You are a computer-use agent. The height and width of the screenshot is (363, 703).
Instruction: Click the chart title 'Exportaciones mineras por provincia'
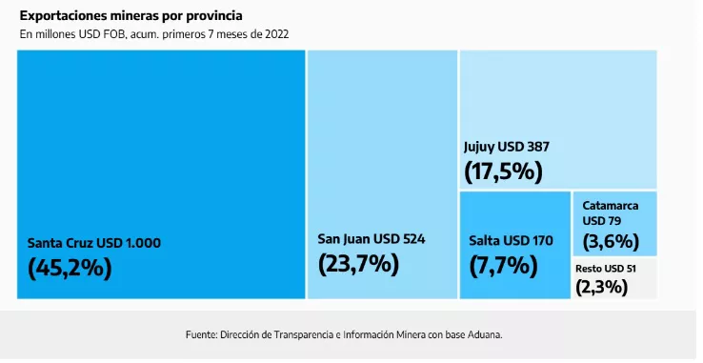131,16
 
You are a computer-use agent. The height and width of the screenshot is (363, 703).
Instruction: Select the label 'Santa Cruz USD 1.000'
93,243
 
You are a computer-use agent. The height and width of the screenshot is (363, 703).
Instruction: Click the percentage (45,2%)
70,268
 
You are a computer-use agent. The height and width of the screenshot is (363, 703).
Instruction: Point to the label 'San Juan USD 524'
371,238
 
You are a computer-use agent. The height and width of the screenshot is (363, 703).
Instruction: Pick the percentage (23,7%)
358,263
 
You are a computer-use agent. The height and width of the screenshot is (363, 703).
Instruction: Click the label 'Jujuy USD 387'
506,147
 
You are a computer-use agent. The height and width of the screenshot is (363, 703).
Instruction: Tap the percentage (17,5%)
503,171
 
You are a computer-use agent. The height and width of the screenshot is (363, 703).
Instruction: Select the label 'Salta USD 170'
511,239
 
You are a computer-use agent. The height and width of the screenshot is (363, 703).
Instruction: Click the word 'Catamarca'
611,205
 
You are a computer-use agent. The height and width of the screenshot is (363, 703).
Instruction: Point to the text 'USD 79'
601,221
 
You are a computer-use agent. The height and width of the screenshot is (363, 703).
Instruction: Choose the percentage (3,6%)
611,241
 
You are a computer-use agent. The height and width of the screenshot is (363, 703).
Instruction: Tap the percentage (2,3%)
601,285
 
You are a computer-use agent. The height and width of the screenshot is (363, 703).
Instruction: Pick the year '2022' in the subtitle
276,34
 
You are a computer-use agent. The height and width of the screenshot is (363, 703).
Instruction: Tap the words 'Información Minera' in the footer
386,334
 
